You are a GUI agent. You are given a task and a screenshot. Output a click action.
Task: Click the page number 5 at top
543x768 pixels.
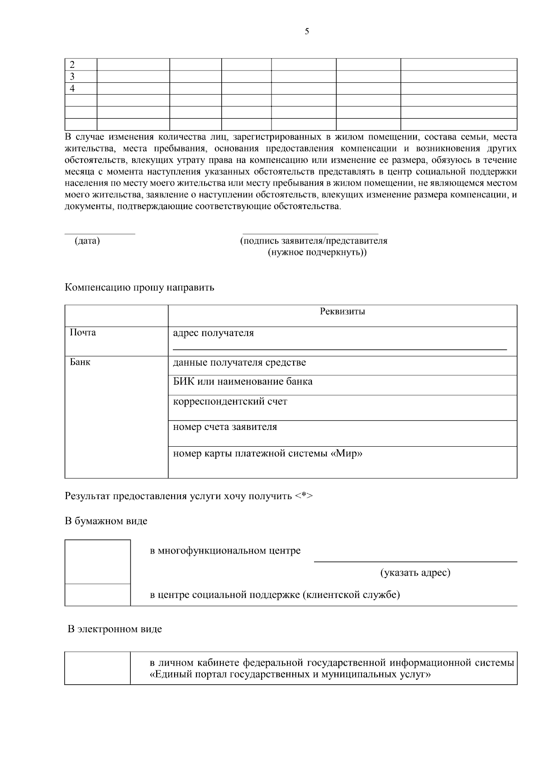(307, 31)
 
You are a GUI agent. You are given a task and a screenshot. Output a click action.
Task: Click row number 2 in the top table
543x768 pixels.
(71, 65)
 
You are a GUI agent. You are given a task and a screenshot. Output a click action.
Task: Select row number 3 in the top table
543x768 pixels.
(71, 76)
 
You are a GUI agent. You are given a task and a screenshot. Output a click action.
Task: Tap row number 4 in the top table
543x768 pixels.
(71, 89)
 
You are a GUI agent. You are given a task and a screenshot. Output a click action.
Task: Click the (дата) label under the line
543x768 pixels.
(87, 241)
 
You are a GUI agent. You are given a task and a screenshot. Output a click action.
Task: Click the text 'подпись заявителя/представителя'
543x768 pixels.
(314, 241)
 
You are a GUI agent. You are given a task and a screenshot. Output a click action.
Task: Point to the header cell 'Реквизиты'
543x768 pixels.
(342, 311)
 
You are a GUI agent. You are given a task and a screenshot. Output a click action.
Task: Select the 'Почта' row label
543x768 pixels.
(83, 333)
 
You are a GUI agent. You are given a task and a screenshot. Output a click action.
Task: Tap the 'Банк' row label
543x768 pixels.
(80, 362)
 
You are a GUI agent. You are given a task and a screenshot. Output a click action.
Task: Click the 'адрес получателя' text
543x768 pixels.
(214, 333)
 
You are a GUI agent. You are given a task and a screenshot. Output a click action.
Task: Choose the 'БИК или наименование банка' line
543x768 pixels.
(243, 382)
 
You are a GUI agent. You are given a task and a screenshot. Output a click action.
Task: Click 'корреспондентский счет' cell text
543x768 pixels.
(230, 401)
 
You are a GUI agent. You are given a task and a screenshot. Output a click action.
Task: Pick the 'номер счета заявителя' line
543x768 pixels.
(225, 427)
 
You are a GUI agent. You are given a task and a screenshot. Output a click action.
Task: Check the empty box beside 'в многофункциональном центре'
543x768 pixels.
(98, 562)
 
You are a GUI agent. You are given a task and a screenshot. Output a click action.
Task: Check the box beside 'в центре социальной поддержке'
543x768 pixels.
(98, 595)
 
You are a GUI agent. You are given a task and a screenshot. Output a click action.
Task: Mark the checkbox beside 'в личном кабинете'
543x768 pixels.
(98, 668)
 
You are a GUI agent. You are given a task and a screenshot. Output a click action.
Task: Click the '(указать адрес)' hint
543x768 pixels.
(415, 573)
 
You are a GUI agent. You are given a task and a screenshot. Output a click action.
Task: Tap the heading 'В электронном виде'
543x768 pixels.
(115, 629)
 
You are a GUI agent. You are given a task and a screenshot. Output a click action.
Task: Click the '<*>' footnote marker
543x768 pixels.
(304, 496)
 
